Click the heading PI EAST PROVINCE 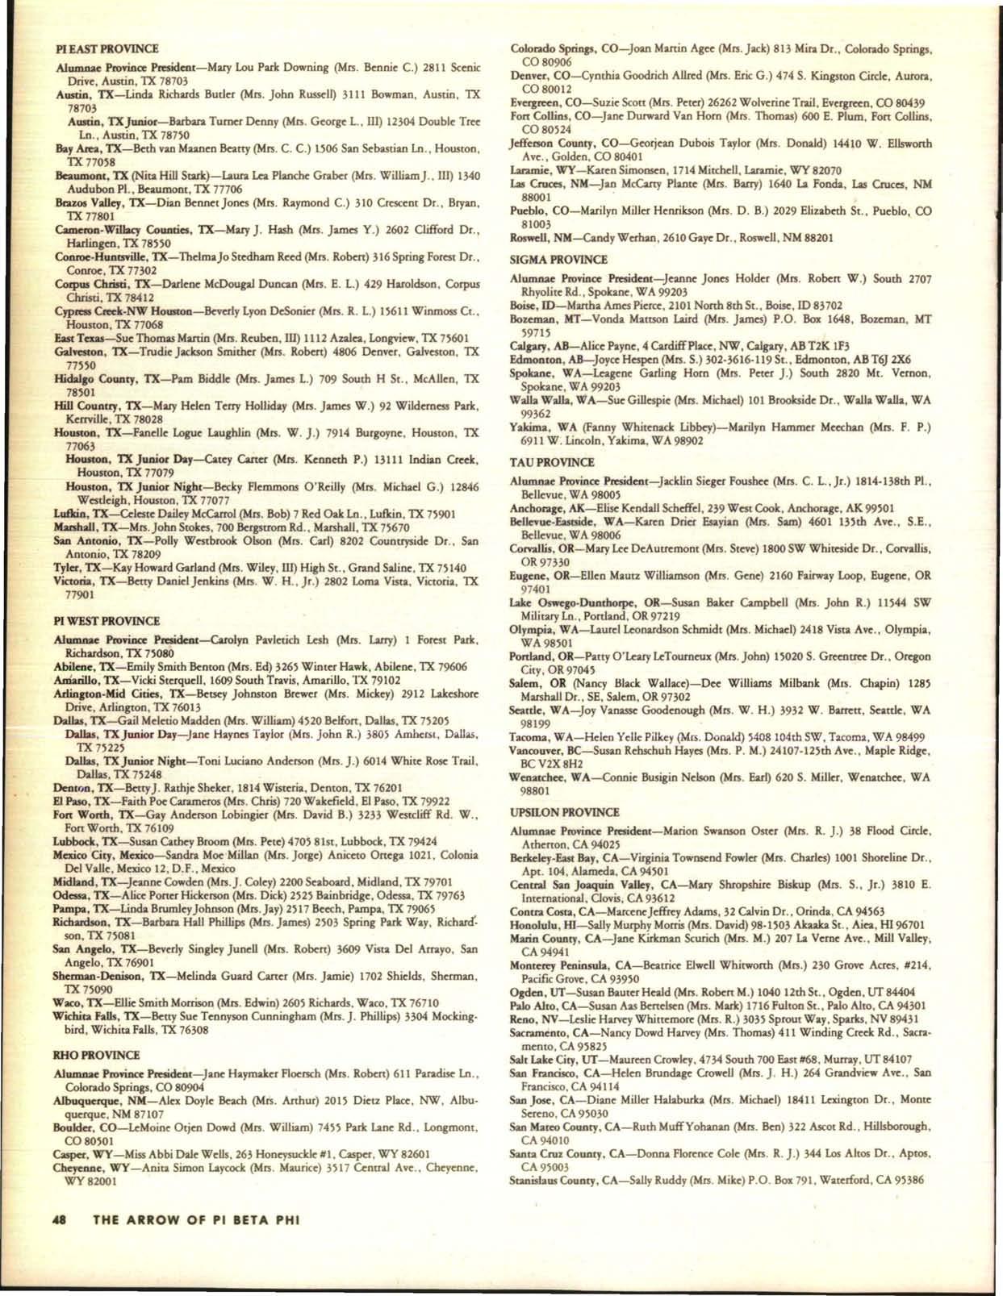click(x=106, y=49)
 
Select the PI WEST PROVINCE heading click(x=107, y=622)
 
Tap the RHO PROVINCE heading click(x=96, y=1055)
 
